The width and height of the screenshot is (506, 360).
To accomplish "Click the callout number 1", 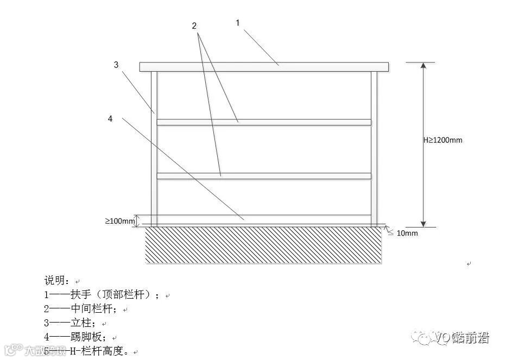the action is click(237, 23).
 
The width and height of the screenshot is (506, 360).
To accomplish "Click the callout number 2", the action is click(194, 26).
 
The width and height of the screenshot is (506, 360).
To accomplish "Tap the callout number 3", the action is click(116, 65).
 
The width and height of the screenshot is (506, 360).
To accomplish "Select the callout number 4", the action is click(110, 119).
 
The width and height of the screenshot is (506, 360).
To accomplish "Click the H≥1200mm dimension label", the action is click(442, 140).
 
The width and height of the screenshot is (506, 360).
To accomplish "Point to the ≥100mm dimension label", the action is click(119, 221).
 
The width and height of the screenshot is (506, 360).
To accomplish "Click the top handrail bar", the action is click(264, 67).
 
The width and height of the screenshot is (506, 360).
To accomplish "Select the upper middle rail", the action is click(264, 122).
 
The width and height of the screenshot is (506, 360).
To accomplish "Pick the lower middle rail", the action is click(264, 176).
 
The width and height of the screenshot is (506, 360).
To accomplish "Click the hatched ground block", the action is click(264, 245).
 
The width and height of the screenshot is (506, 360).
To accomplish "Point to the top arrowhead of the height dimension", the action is click(423, 66).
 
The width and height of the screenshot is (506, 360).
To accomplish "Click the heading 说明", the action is click(57, 281).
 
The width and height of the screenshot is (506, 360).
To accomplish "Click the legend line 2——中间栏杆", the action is click(81, 309).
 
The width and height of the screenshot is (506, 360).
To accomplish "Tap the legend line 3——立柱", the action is click(70, 323).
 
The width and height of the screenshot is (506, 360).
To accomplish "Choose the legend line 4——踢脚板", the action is click(75, 337).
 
